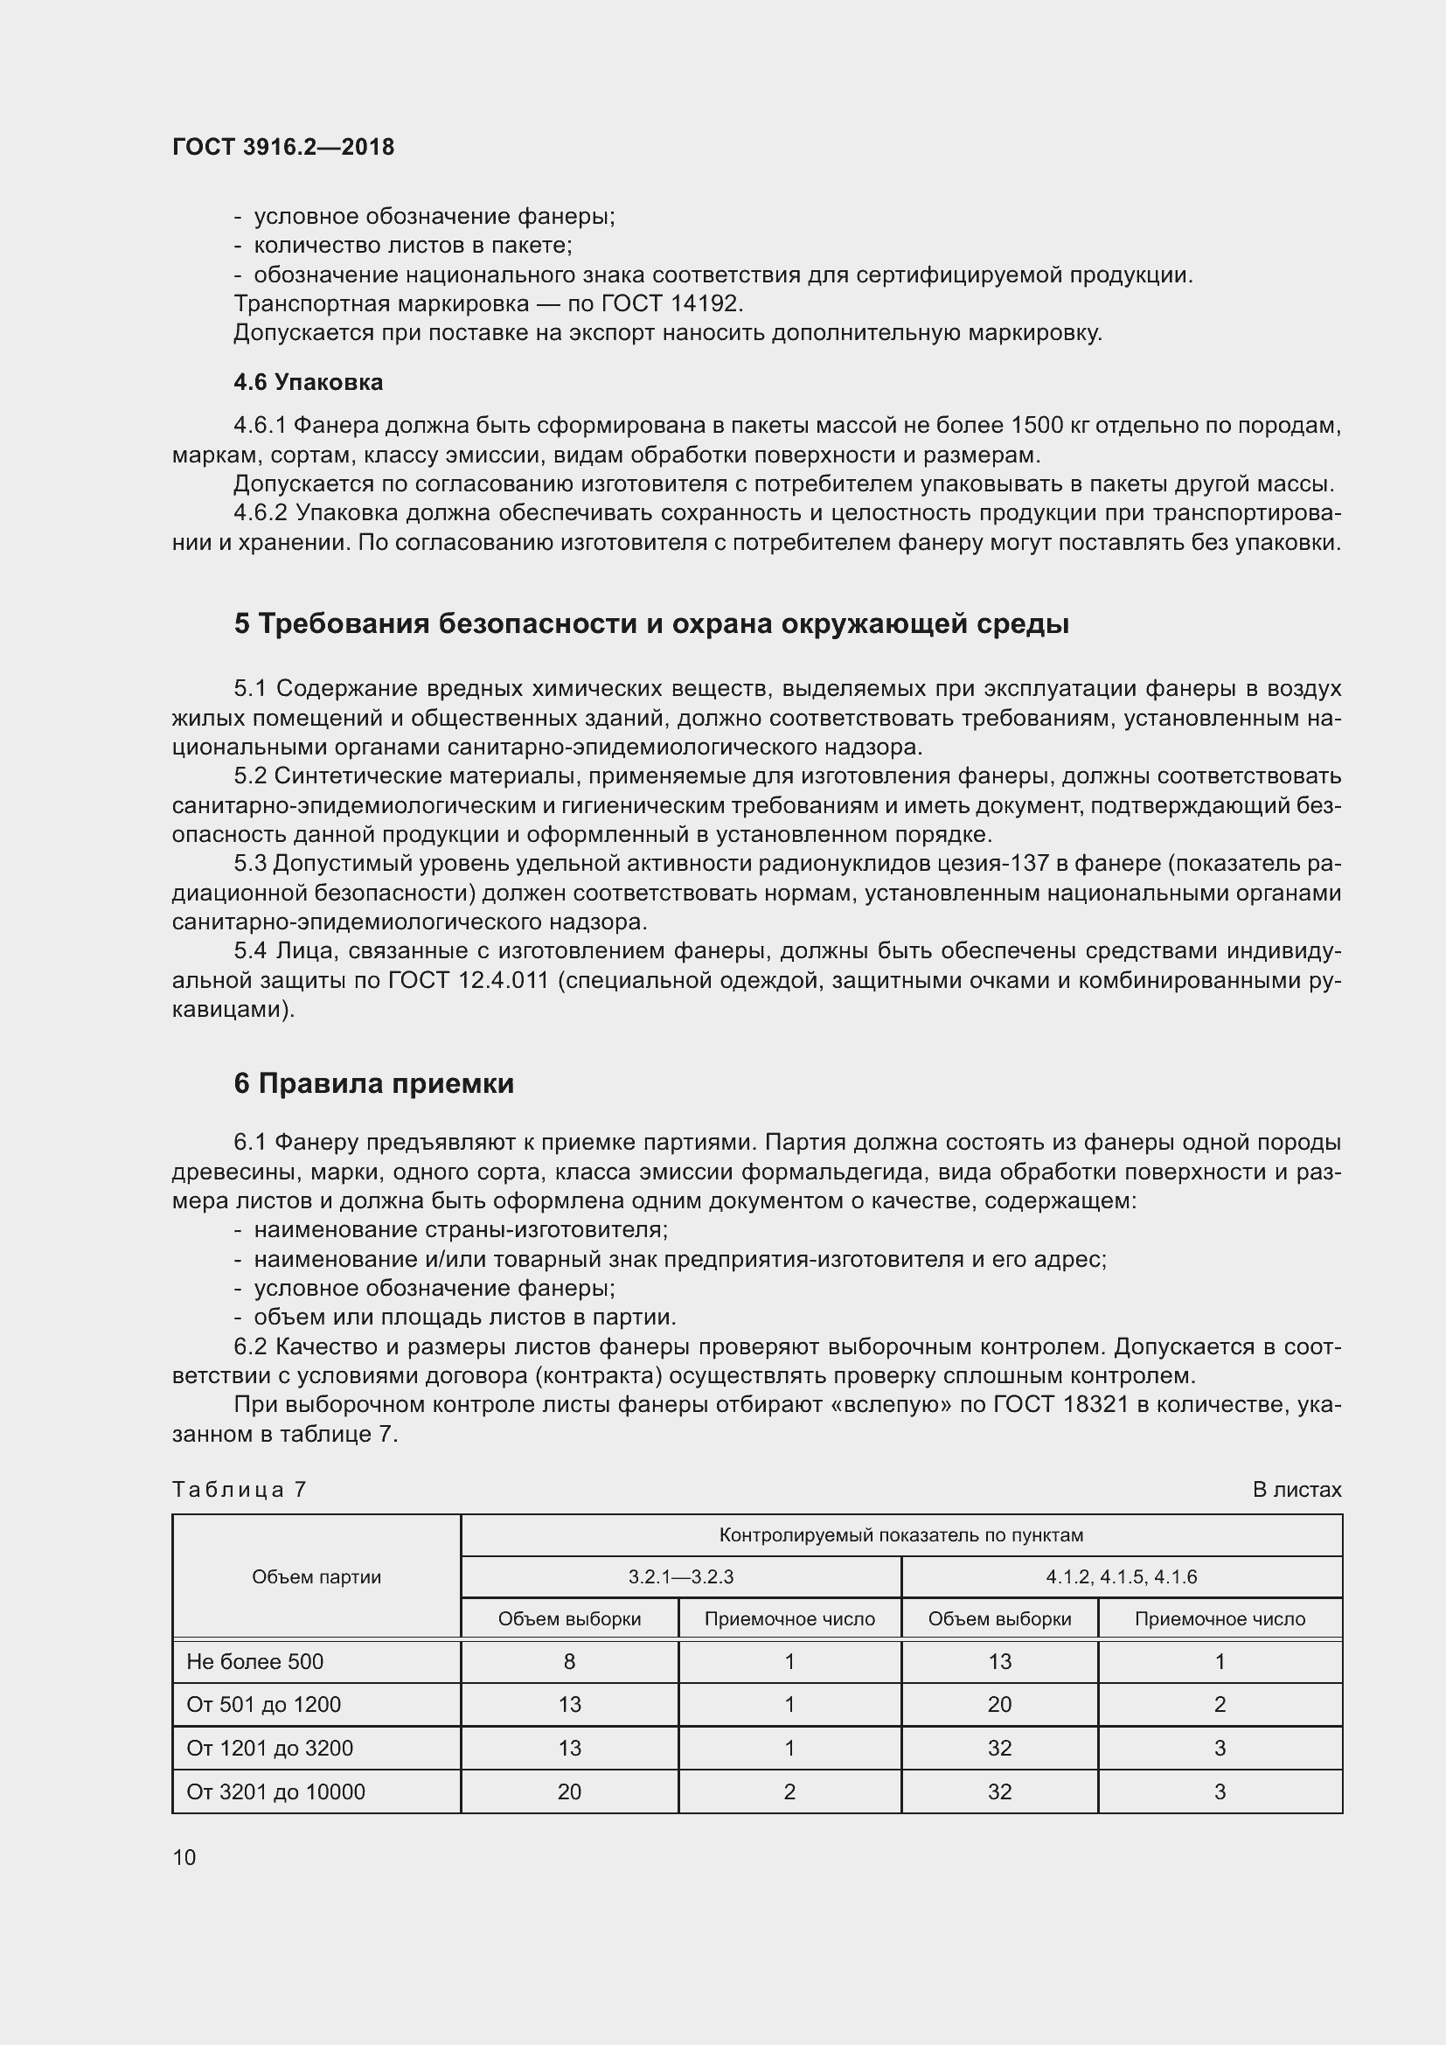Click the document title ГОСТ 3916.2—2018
tap(283, 147)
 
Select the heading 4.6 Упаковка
tap(308, 382)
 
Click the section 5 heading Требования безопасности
tap(651, 623)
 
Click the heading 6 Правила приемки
tap(374, 1083)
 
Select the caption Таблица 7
tap(239, 1489)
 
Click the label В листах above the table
tap(1297, 1489)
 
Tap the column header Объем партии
tap(316, 1576)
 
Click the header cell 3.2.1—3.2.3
tap(680, 1576)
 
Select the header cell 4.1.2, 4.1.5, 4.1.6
tap(1121, 1576)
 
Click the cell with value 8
tap(569, 1661)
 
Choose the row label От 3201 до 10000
tap(275, 1792)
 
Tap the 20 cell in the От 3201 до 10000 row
tap(569, 1792)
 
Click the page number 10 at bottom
tap(184, 1857)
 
